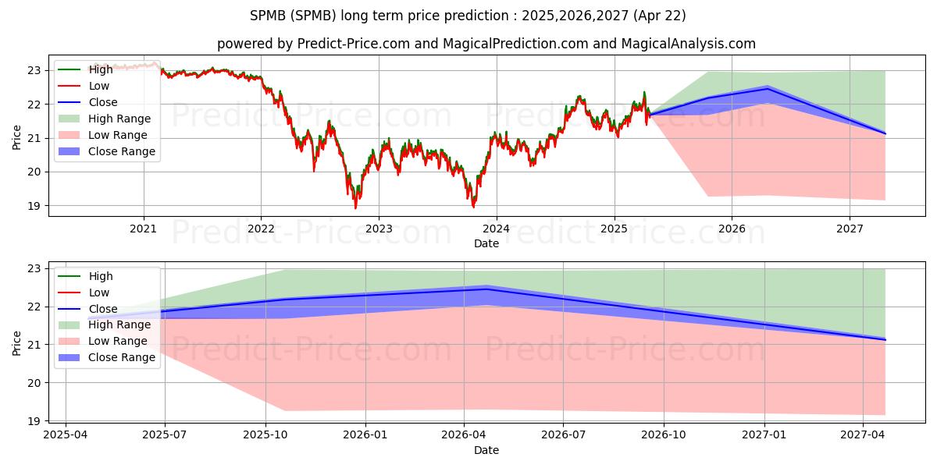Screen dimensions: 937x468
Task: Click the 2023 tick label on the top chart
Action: [x=379, y=229]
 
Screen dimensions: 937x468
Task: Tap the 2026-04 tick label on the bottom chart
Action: [x=464, y=435]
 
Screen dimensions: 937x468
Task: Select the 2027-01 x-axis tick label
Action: [x=764, y=435]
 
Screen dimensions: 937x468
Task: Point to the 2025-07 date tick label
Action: [x=165, y=435]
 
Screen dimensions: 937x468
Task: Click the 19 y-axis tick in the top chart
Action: [x=34, y=206]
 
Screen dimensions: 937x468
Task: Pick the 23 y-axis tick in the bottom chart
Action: [x=34, y=268]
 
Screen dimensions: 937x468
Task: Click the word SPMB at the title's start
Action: [x=268, y=16]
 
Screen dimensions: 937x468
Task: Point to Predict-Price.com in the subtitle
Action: [x=354, y=44]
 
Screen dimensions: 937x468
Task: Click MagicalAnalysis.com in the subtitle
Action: [x=688, y=44]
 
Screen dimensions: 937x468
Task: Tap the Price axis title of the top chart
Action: [x=16, y=137]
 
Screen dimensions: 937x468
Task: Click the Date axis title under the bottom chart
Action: [x=486, y=450]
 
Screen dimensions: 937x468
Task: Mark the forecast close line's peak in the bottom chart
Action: [x=486, y=289]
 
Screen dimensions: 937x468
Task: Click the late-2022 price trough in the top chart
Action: [x=355, y=207]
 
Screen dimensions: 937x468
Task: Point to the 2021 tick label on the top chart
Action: [x=143, y=229]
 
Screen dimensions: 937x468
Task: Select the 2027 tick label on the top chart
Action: [x=850, y=229]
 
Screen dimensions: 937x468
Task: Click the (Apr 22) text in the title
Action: [x=660, y=16]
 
